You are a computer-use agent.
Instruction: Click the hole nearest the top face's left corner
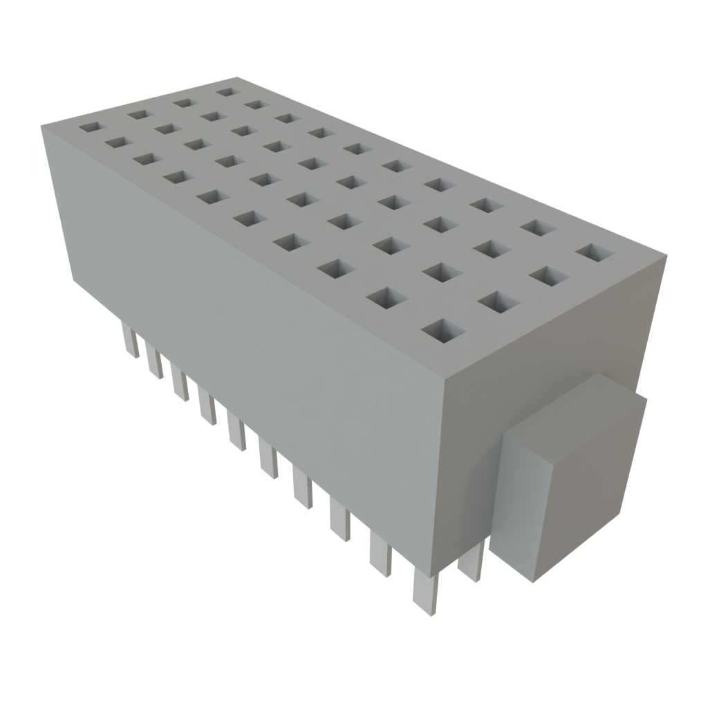click(89, 128)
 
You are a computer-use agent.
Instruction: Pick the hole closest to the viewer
click(440, 331)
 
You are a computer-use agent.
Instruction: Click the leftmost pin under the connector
click(129, 342)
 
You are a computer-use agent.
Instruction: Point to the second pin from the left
click(153, 360)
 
